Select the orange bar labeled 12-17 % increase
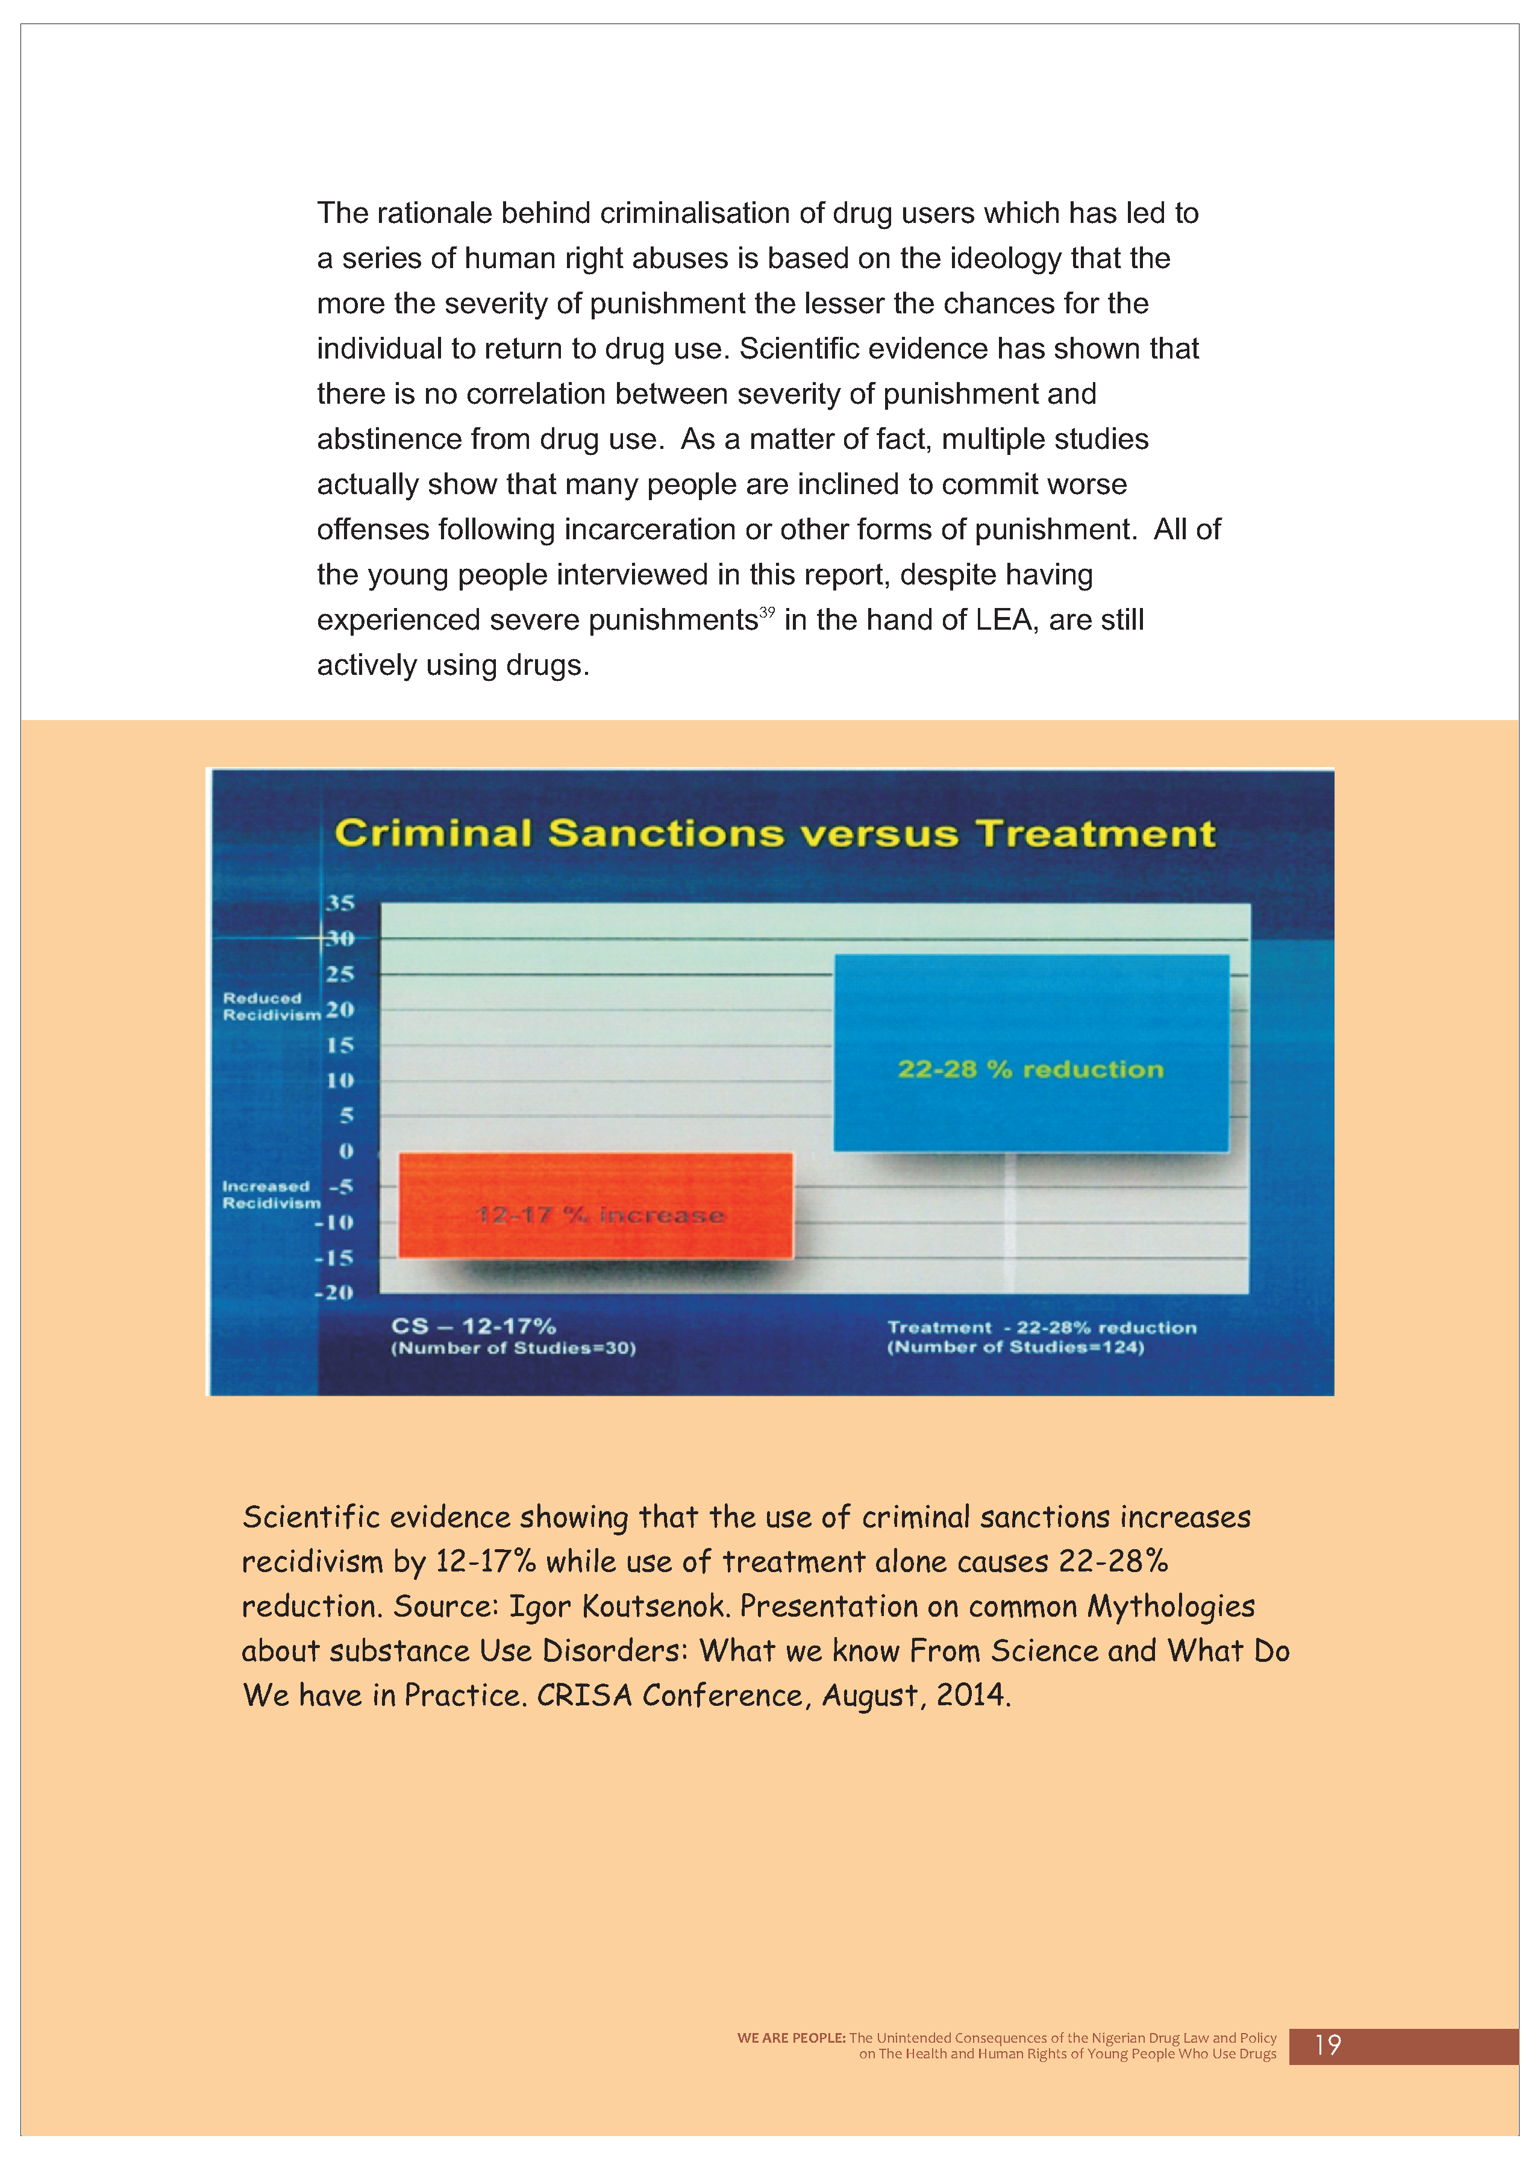click(595, 1205)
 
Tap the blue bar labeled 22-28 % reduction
click(1031, 1053)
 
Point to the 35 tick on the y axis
click(339, 903)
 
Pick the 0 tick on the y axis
click(346, 1151)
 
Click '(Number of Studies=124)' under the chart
click(1016, 1347)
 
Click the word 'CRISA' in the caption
click(584, 1696)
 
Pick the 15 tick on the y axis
click(339, 1045)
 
